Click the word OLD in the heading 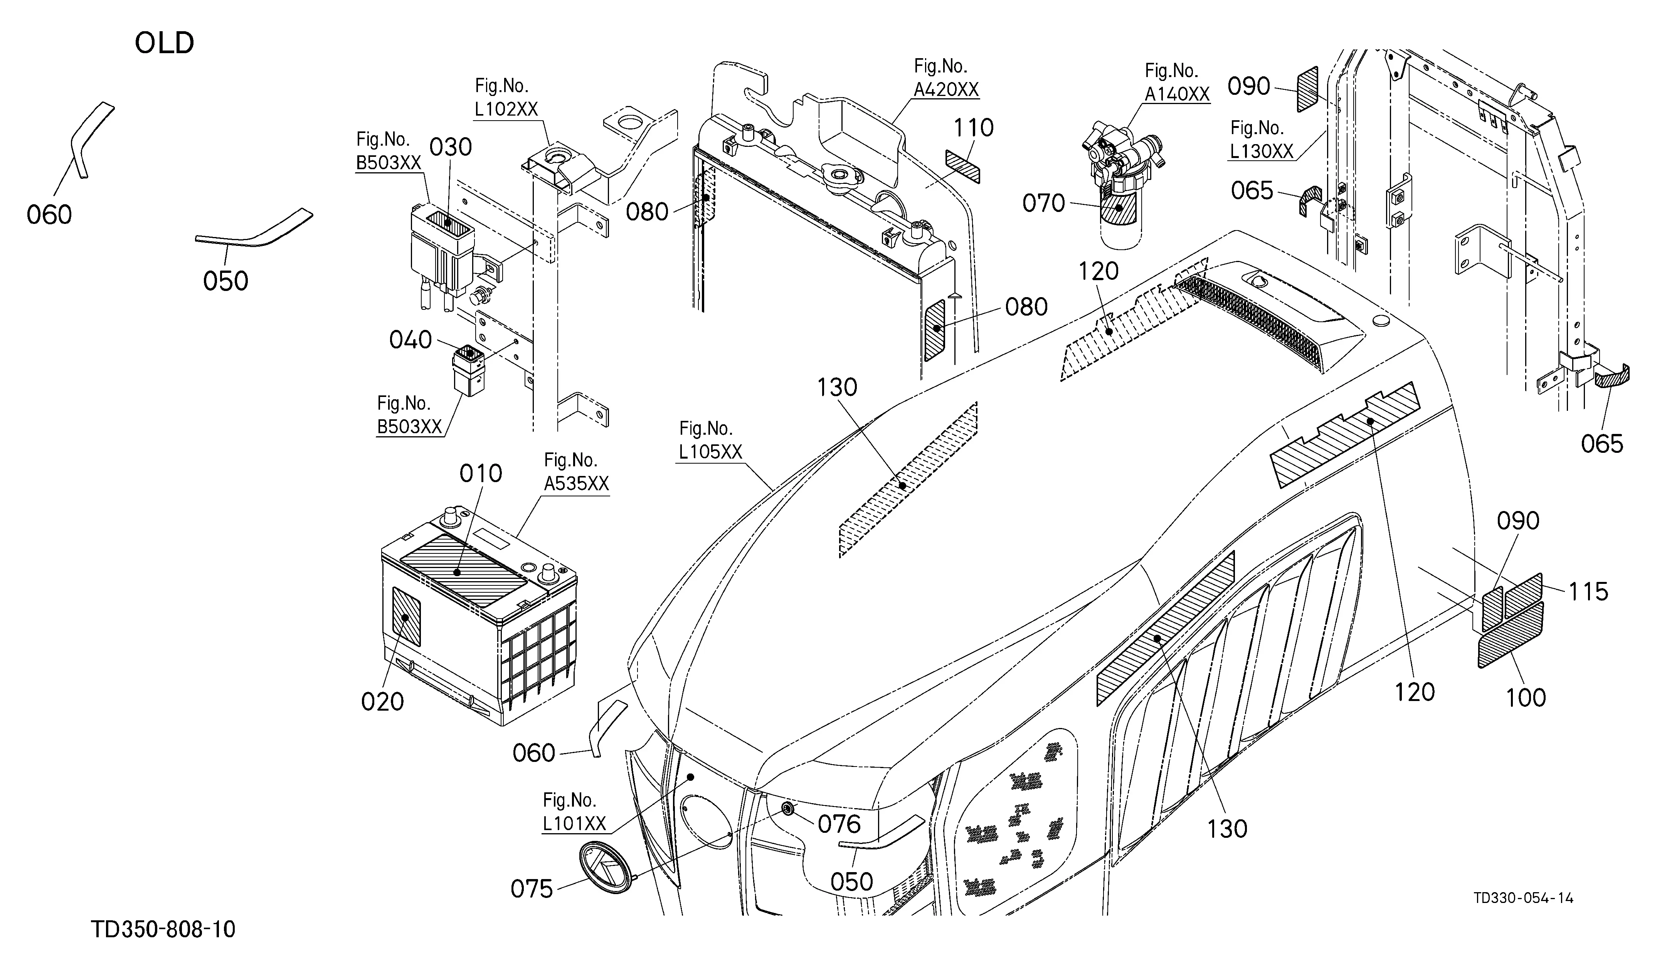coord(164,44)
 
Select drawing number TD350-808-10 coord(163,930)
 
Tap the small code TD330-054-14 coord(1523,898)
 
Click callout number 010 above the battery coord(481,473)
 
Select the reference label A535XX coord(577,484)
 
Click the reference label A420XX coord(946,89)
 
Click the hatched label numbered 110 coord(963,167)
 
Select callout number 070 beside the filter coord(1043,204)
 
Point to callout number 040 coord(410,340)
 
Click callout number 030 coord(451,147)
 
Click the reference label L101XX coord(574,824)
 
